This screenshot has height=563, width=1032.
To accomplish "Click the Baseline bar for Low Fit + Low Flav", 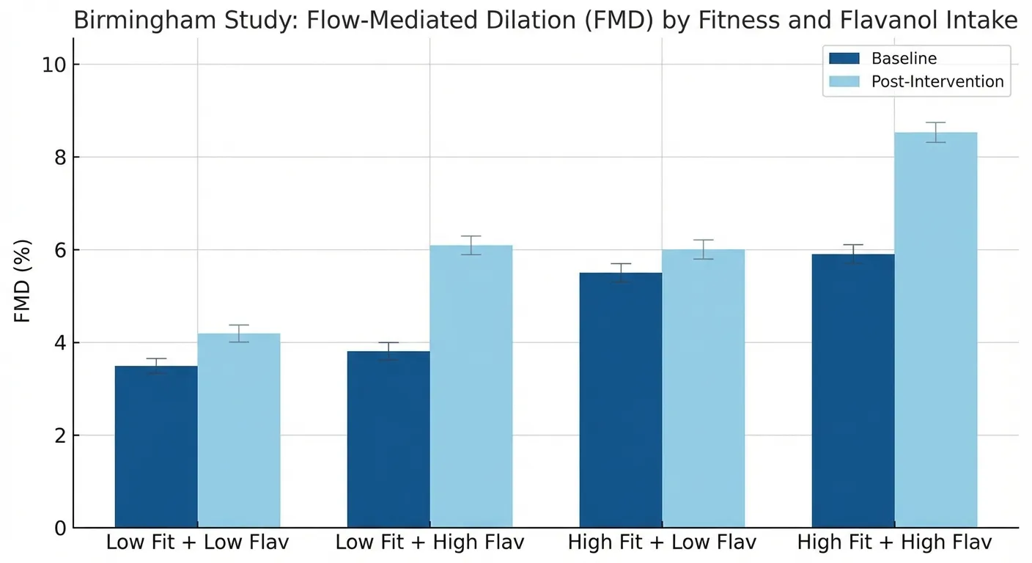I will [156, 446].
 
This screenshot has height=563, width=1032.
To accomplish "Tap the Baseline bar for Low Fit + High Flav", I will [388, 439].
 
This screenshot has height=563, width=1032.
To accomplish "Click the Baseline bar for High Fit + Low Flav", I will [621, 400].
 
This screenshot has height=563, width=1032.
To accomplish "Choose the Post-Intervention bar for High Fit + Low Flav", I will [704, 389].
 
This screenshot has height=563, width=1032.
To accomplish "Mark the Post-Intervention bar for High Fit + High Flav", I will [936, 330].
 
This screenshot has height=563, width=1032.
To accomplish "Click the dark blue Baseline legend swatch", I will [844, 59].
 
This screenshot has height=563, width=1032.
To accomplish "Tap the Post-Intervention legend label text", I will [937, 81].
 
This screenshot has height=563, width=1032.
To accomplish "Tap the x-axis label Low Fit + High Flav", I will [430, 543].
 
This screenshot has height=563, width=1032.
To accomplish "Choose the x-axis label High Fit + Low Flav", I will [662, 543].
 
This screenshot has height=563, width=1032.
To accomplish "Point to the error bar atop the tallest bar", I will [936, 132].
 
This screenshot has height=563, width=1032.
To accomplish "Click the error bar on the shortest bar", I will [156, 366].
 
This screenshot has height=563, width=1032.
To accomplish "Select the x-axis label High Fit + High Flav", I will [894, 543].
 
